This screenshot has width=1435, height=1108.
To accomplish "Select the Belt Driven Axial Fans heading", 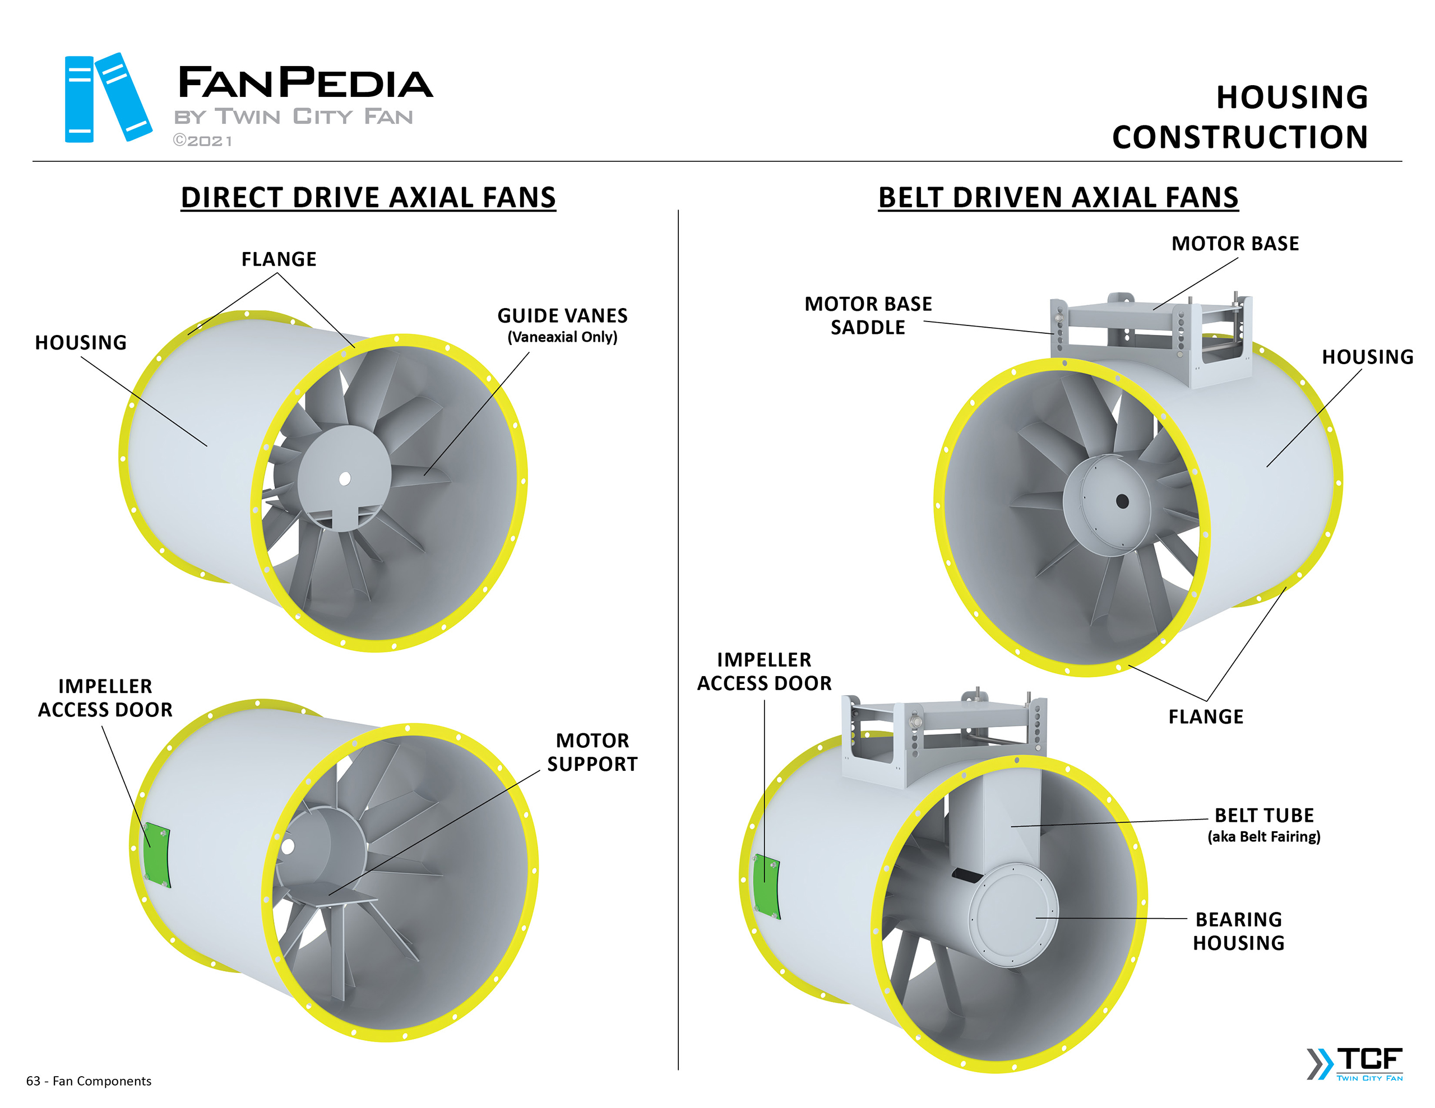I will [1058, 198].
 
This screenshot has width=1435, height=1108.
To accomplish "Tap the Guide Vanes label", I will [562, 316].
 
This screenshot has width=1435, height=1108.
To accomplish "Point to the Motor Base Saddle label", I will [867, 315].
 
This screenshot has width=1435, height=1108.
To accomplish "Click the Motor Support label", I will [592, 752].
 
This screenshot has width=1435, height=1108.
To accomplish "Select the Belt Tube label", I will [1263, 816].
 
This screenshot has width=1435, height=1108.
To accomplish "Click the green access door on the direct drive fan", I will [156, 854].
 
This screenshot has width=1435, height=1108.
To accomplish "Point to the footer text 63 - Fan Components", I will [89, 1081].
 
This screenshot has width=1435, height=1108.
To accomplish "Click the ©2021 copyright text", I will [202, 141].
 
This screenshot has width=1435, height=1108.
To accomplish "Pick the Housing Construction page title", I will [1240, 117].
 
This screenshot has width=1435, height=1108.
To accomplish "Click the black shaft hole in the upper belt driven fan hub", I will [1122, 502].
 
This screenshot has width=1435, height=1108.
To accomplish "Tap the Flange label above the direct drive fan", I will [279, 259].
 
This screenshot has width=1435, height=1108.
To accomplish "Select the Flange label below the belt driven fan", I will [1206, 716].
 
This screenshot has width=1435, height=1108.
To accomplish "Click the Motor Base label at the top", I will [1234, 244].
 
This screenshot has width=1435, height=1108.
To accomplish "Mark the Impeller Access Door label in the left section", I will [105, 697].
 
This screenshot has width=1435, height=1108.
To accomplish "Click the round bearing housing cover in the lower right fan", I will [1012, 915].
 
